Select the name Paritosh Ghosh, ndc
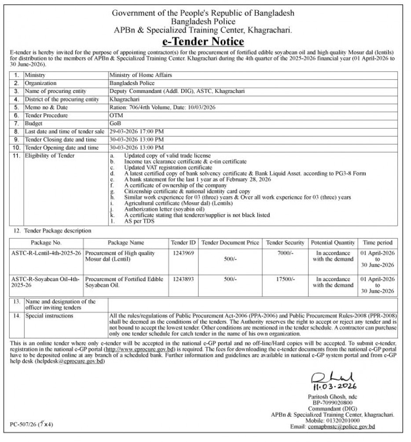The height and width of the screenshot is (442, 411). point(330,398)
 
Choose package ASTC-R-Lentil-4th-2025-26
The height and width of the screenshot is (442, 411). point(46,253)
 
